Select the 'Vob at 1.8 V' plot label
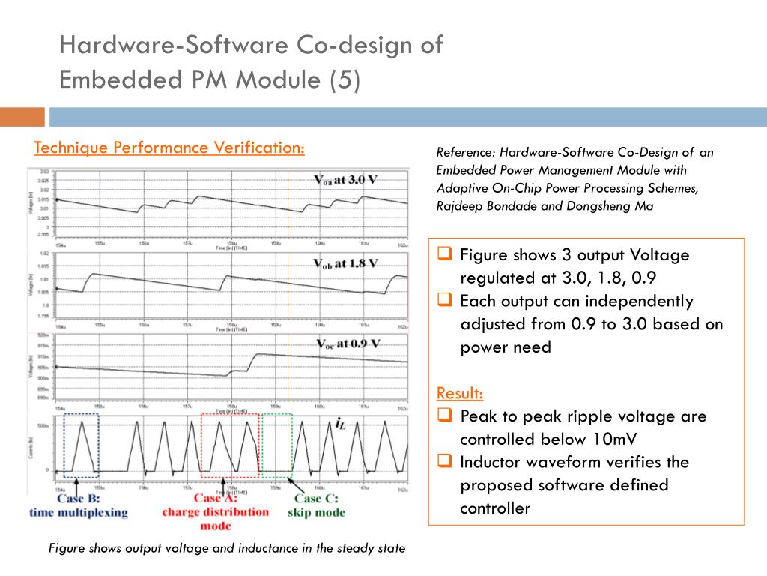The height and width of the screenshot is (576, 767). click(x=345, y=263)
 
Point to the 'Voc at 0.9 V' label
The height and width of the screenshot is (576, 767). click(x=347, y=343)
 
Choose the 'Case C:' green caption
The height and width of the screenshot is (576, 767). click(x=316, y=499)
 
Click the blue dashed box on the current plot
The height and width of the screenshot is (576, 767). click(x=81, y=445)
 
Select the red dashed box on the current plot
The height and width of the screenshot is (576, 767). click(x=230, y=445)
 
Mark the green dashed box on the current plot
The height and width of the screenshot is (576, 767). click(x=277, y=445)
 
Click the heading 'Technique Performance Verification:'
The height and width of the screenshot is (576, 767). click(x=169, y=148)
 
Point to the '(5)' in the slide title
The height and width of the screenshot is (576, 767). click(x=344, y=79)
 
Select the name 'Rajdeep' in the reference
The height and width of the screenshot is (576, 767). click(x=459, y=206)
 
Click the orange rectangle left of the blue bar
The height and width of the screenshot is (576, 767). click(x=22, y=117)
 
